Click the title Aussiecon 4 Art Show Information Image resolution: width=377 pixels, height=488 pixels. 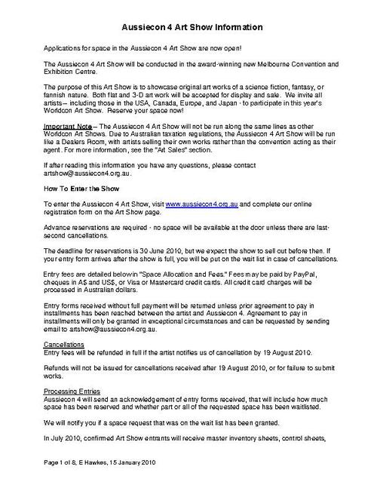pyautogui.click(x=192, y=27)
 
